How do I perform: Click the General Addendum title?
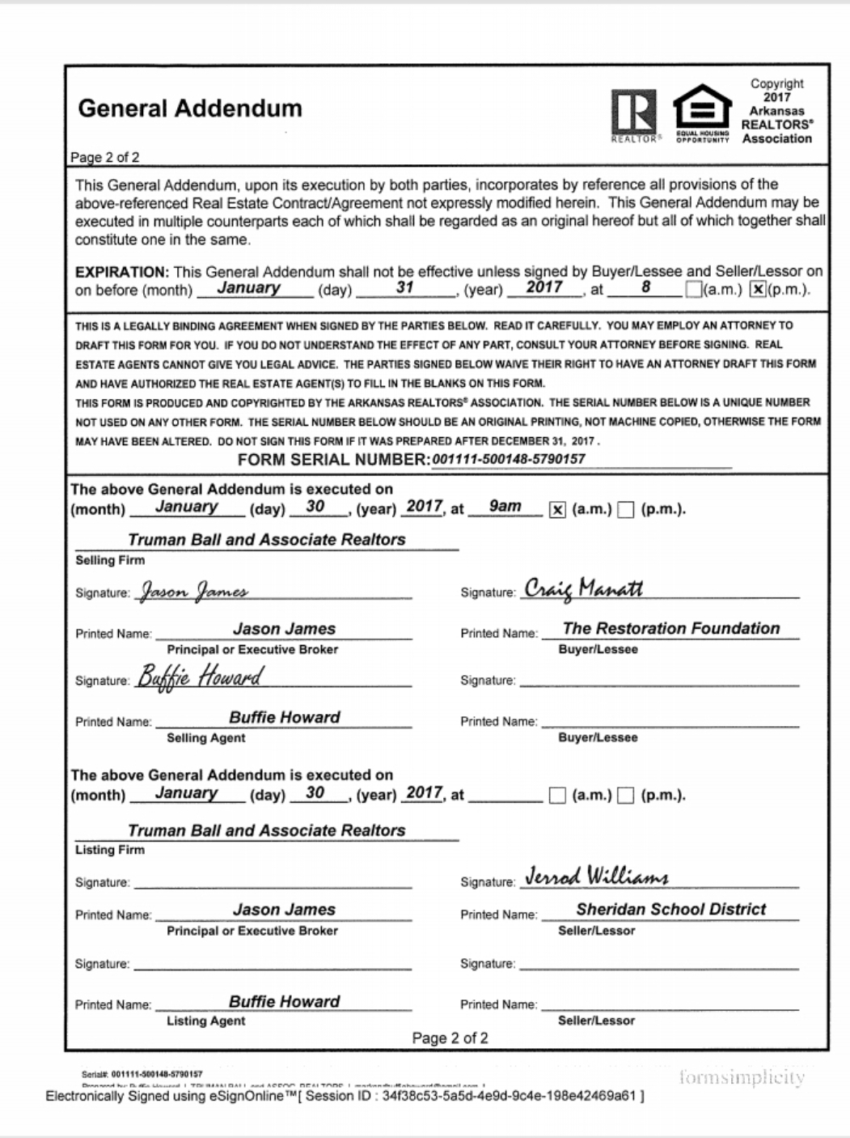pos(190,108)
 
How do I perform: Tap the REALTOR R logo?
pos(634,113)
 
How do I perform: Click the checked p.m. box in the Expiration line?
pos(758,290)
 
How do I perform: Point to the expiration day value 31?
pos(404,288)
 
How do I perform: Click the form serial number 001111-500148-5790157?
pos(509,459)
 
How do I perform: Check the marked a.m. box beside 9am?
pos(557,510)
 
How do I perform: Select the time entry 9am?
pos(505,507)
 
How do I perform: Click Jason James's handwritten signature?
pos(194,592)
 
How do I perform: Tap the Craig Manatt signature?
pos(583,588)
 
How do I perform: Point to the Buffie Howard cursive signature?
pos(199,677)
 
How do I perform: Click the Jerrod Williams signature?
pos(597,877)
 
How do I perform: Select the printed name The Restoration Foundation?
pos(670,628)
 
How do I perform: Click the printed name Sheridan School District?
pos(670,909)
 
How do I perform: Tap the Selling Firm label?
pos(110,560)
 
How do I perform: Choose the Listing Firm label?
pos(110,850)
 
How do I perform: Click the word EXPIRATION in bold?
pos(121,272)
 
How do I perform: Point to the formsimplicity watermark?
pos(742,1077)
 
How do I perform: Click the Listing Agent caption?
pos(205,1021)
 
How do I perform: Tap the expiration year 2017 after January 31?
pos(543,287)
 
